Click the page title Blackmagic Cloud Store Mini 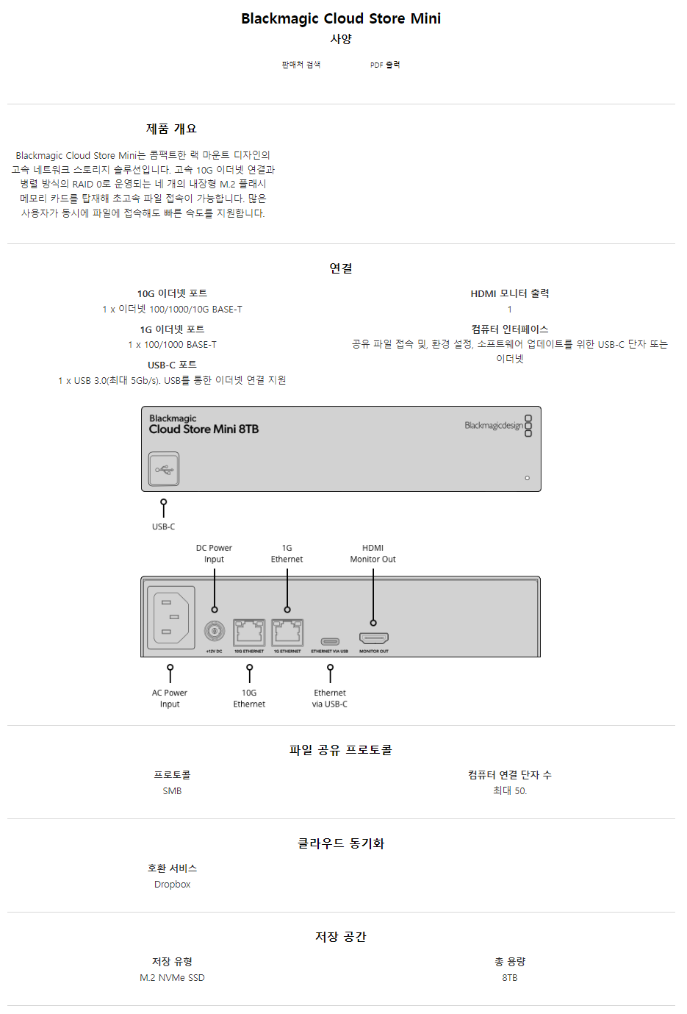pyautogui.click(x=341, y=18)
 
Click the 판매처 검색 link pyautogui.click(x=301, y=65)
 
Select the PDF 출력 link pyautogui.click(x=385, y=65)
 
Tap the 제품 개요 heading pyautogui.click(x=171, y=129)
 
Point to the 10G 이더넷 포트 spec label pyautogui.click(x=172, y=293)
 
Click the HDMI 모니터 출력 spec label pyautogui.click(x=510, y=293)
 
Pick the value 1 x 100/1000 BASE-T pyautogui.click(x=172, y=344)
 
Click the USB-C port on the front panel pyautogui.click(x=164, y=469)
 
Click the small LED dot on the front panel pyautogui.click(x=527, y=478)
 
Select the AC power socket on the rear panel pyautogui.click(x=171, y=617)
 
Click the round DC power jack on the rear pyautogui.click(x=215, y=631)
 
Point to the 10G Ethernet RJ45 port pyautogui.click(x=249, y=632)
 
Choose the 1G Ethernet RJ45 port pyautogui.click(x=287, y=632)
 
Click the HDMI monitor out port pyautogui.click(x=373, y=638)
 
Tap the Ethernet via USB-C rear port pyautogui.click(x=330, y=640)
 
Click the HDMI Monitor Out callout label pyautogui.click(x=373, y=554)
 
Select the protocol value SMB pyautogui.click(x=172, y=790)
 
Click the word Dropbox pyautogui.click(x=172, y=884)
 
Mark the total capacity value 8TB pyautogui.click(x=510, y=977)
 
